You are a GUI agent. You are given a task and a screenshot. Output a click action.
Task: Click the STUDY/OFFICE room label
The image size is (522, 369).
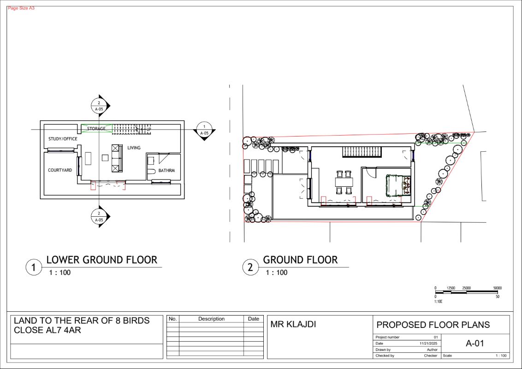coord(63,139)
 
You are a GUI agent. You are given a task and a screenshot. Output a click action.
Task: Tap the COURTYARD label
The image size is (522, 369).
coord(60,170)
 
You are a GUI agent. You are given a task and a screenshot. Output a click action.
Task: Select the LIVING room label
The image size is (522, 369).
coord(134,148)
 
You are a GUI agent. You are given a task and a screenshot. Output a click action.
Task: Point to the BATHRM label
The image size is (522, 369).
coord(166,171)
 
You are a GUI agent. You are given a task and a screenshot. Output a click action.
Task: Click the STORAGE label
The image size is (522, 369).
coord(96,129)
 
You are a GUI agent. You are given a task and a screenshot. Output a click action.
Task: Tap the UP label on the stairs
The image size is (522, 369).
coord(149,129)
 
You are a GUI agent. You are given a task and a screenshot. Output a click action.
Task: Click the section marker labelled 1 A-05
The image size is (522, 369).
coord(204,130)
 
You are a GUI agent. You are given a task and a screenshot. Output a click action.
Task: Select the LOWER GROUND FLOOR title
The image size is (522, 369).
coord(101,260)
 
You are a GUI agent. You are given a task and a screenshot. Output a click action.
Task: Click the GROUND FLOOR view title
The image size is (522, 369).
coord(300,260)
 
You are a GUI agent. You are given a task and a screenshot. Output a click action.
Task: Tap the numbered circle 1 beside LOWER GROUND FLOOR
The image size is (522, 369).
coord(34,267)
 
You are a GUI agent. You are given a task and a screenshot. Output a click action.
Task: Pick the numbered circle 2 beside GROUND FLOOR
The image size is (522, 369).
coord(250,267)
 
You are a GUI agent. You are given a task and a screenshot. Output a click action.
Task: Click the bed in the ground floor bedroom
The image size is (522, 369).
coord(398,185)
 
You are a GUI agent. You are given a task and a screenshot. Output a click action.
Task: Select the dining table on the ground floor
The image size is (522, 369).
coord(344,182)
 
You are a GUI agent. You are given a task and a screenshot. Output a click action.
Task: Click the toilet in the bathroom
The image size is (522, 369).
coord(151,172)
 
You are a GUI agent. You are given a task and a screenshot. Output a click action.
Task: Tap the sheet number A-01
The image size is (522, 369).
coord(475,343)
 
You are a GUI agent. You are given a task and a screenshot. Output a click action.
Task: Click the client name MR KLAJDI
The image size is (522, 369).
coord(293,324)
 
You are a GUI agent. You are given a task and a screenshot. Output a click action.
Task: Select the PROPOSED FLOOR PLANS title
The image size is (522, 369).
coord(433,325)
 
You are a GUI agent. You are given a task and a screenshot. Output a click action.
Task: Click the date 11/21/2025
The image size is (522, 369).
coord(428,343)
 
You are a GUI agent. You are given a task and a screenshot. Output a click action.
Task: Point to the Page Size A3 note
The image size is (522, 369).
coord(21,8)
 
